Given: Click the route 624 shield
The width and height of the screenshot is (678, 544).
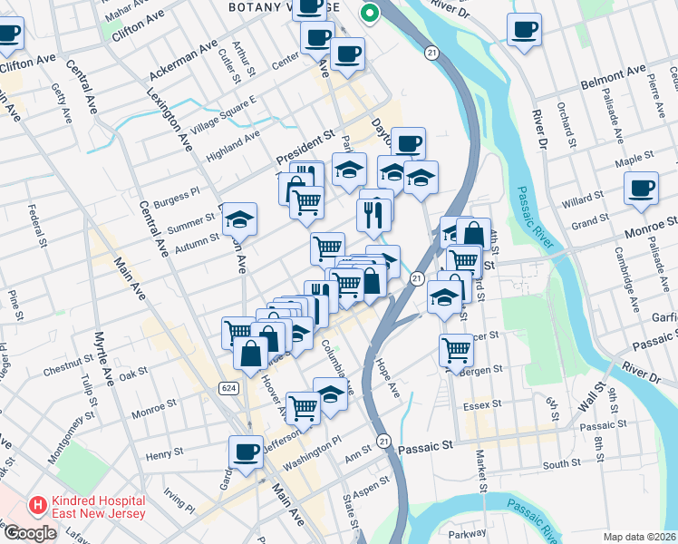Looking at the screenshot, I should (x=228, y=387).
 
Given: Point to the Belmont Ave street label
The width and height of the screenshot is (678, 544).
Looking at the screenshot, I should (x=612, y=72).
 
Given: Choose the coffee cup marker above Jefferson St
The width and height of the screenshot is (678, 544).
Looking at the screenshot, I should (x=245, y=452).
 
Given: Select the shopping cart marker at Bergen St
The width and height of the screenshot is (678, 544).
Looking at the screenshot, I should (x=456, y=350).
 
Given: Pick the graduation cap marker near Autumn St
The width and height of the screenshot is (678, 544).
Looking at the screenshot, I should (x=239, y=219).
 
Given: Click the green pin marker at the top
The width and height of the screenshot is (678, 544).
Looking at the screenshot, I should (x=369, y=14).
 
